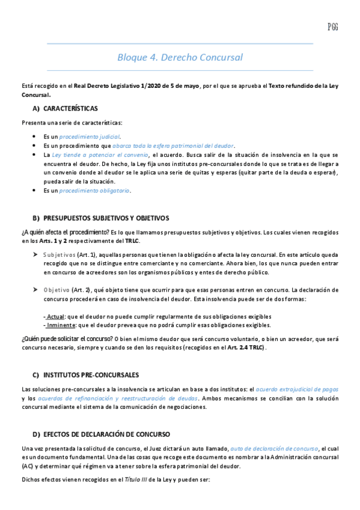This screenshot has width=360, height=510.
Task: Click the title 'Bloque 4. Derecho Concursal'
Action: tap(180, 58)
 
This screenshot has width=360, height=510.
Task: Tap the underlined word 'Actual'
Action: tap(55, 316)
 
